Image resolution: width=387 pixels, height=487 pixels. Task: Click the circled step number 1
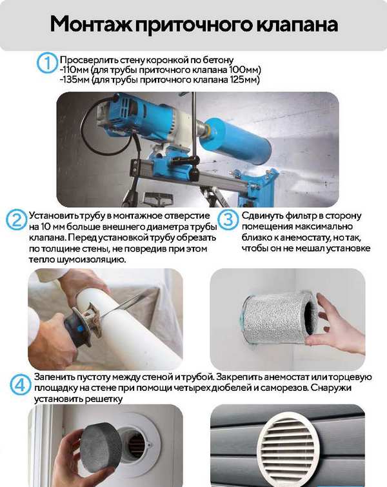[47, 63]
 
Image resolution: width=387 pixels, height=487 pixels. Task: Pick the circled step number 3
[228, 220]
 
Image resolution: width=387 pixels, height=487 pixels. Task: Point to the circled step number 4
[20, 385]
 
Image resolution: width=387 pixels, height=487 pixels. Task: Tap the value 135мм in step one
[75, 80]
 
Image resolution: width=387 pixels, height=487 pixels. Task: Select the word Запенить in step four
[54, 377]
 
